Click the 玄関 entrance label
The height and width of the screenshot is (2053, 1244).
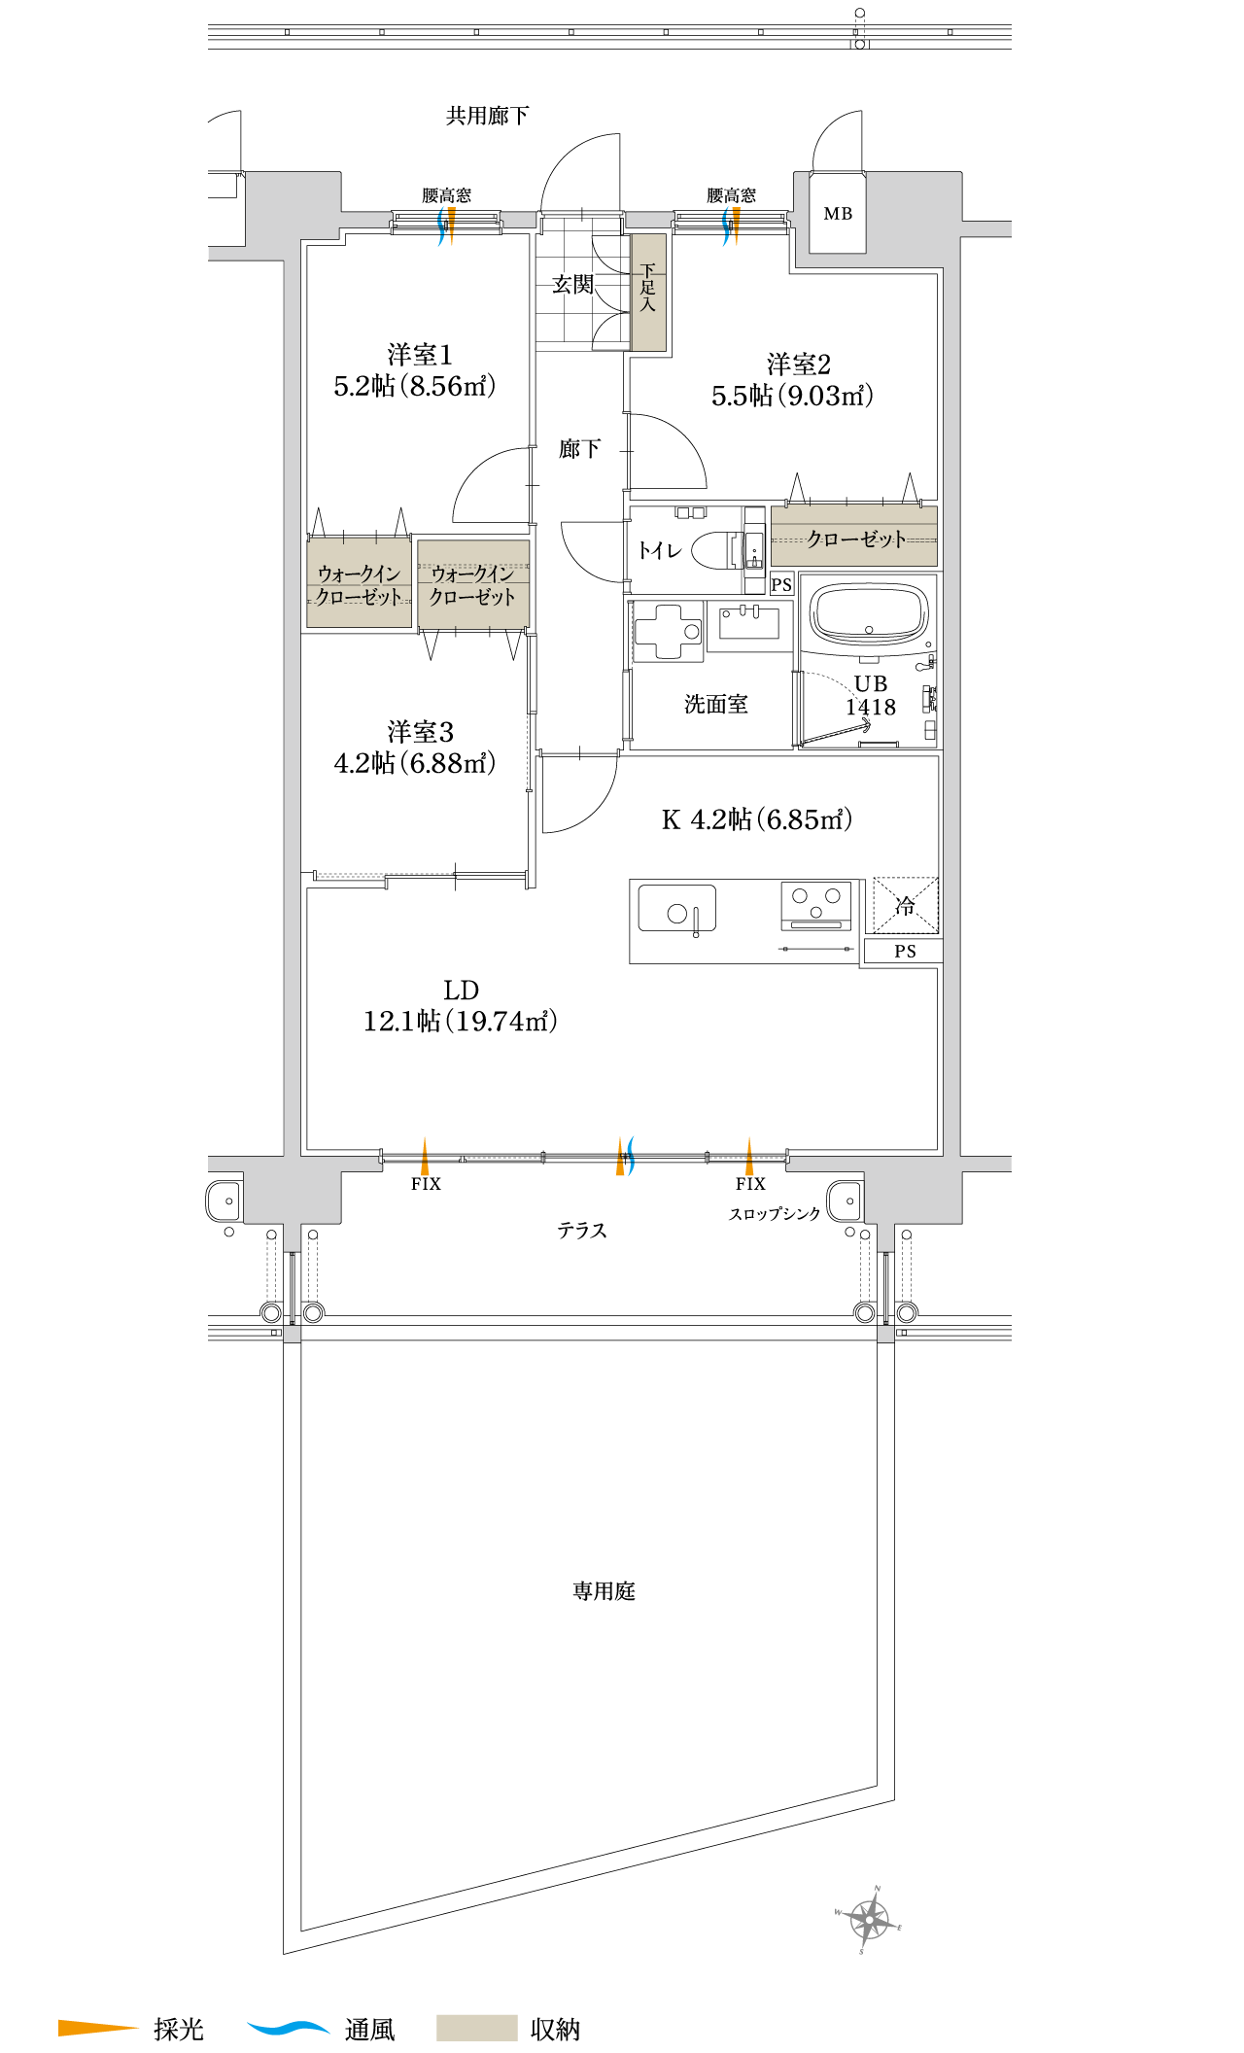click(572, 284)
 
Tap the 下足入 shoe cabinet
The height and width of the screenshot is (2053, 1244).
click(648, 292)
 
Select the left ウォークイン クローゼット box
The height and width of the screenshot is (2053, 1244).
click(360, 583)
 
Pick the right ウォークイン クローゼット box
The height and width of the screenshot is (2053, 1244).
click(473, 585)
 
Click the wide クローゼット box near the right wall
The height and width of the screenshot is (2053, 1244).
click(854, 536)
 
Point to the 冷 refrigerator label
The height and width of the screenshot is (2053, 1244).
click(905, 906)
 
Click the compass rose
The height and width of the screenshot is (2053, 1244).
click(868, 1919)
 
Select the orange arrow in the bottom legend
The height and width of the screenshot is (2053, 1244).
click(97, 2028)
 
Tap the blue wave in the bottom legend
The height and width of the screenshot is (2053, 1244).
click(288, 2028)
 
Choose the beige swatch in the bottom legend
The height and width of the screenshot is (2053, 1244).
click(476, 2028)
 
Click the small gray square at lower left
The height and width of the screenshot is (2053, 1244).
click(293, 1334)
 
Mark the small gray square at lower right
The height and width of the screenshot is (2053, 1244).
click(885, 1334)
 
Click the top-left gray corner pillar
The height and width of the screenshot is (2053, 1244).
click(293, 206)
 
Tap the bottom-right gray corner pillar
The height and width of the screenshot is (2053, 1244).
click(913, 1195)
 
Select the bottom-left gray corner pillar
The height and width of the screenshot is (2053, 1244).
click(293, 1195)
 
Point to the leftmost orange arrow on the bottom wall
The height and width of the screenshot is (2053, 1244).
click(425, 1157)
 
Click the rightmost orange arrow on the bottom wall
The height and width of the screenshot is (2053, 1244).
click(749, 1157)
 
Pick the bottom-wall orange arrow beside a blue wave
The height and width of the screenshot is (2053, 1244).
click(620, 1157)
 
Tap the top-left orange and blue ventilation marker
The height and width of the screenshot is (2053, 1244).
click(447, 226)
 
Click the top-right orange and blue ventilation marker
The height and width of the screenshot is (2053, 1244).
click(732, 226)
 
